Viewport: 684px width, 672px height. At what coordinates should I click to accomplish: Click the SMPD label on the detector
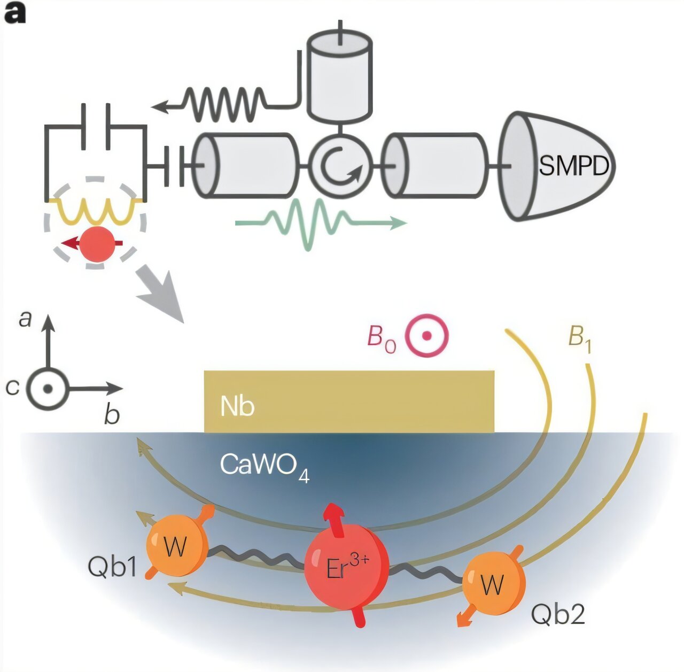pos(573,166)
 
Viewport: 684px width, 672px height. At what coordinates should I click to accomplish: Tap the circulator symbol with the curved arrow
pos(340,166)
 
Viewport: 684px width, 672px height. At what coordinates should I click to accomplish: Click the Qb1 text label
pos(113,568)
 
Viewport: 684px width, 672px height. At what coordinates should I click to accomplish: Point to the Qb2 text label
pos(558,615)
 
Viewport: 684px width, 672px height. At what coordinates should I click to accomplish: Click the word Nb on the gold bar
pos(237,407)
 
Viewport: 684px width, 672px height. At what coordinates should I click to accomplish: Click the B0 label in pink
pos(382,338)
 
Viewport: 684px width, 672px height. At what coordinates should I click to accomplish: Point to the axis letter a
pos(25,319)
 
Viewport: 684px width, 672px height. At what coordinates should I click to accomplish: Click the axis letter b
pos(111,414)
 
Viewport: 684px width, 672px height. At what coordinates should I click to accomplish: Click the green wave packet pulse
pos(315,223)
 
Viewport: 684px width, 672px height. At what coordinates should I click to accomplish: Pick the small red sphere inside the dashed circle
pos(100,244)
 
